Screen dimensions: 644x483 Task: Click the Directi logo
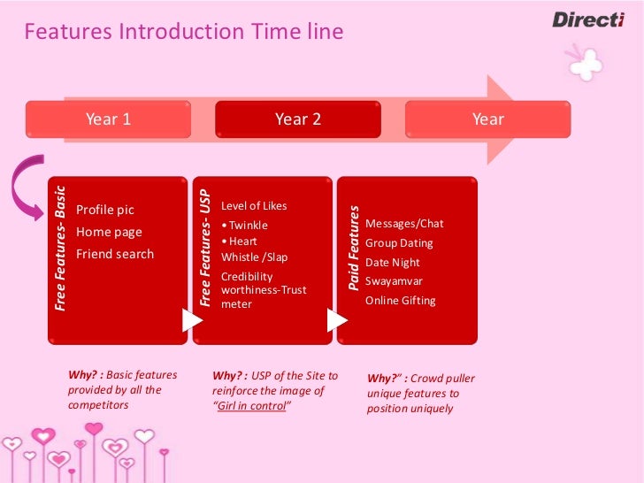(588, 19)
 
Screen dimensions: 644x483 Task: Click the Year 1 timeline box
(109, 119)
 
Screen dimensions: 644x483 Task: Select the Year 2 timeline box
(298, 119)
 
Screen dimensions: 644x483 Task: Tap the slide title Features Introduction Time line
(183, 33)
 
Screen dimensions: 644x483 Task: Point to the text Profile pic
(105, 210)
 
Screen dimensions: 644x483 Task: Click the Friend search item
(115, 254)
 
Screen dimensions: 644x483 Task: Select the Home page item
(109, 232)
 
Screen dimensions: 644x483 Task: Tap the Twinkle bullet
(246, 225)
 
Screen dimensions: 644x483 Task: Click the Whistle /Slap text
(254, 257)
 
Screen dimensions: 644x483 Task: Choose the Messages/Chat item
(404, 223)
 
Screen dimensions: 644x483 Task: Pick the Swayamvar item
(394, 280)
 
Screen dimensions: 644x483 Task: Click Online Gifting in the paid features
(401, 300)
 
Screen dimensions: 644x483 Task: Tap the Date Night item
(393, 262)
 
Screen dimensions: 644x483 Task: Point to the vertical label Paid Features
(354, 249)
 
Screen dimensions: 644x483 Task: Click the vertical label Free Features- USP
(205, 248)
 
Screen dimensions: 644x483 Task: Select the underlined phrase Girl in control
(252, 406)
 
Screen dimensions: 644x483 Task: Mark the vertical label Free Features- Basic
(60, 248)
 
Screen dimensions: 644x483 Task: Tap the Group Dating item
(399, 242)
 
